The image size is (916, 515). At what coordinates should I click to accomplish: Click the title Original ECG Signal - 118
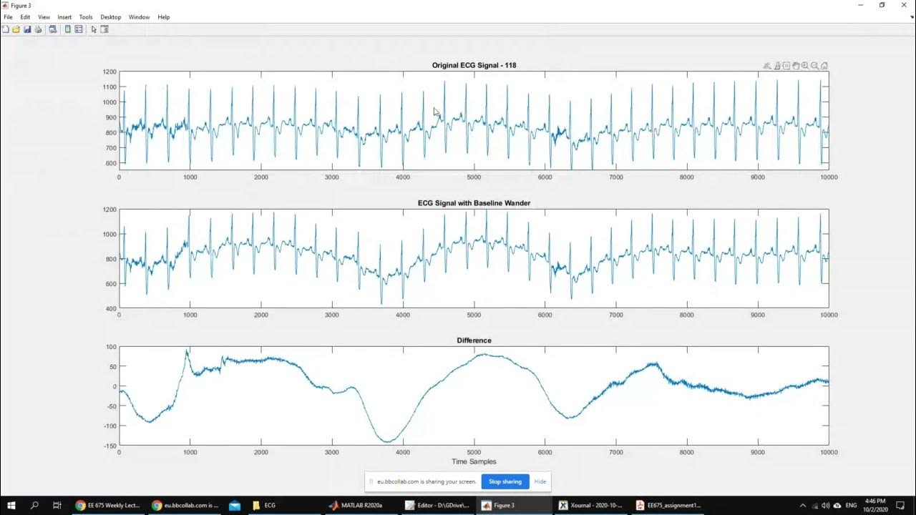(x=474, y=65)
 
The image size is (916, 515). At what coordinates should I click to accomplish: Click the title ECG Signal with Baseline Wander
(x=474, y=203)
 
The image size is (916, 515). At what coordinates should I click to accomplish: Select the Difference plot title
(x=474, y=340)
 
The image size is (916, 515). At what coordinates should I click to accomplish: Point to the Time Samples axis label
(x=474, y=461)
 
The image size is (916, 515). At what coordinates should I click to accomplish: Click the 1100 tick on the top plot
(x=109, y=87)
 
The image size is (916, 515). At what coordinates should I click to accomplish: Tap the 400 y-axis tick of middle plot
(x=110, y=308)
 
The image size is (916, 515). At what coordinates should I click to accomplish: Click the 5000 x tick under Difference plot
(x=474, y=453)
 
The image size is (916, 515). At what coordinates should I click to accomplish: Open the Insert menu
(x=64, y=17)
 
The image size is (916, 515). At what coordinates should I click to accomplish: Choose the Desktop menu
(x=110, y=17)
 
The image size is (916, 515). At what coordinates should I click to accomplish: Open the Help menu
(x=164, y=17)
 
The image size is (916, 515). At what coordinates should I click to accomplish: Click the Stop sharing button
(x=505, y=481)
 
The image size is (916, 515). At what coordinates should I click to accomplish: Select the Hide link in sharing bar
(x=540, y=481)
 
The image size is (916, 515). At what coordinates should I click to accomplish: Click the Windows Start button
(x=11, y=505)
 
